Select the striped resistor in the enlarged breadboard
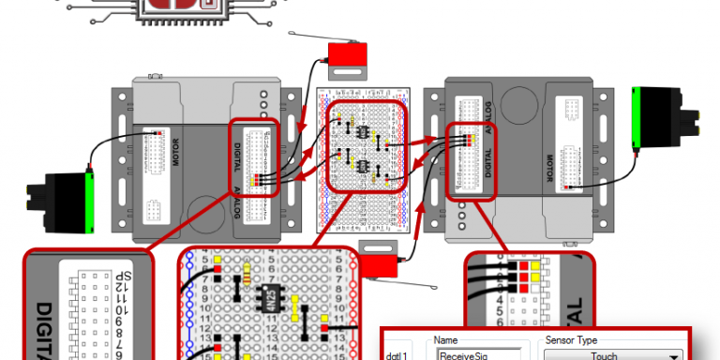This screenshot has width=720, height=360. pos(247,274)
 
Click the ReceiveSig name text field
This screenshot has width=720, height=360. pos(472,355)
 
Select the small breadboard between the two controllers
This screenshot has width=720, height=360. pos(365,159)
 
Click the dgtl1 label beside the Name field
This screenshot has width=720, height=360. pos(396,355)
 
